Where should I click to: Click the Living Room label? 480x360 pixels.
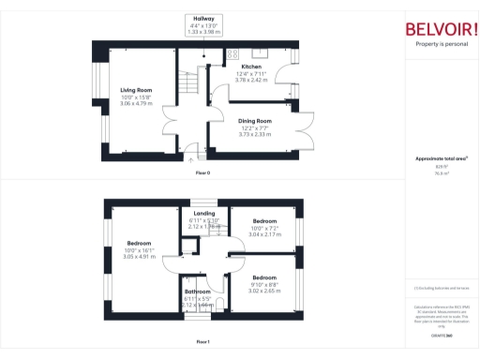pyautogui.click(x=136, y=91)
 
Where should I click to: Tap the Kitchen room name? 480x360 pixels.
pyautogui.click(x=251, y=67)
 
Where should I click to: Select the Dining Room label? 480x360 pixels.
pyautogui.click(x=254, y=121)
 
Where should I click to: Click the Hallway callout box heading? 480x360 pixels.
pyautogui.click(x=203, y=19)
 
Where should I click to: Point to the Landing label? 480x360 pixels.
pyautogui.click(x=203, y=214)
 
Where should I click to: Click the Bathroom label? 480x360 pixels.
pyautogui.click(x=197, y=292)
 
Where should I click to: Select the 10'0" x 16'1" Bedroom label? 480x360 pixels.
pyautogui.click(x=140, y=243)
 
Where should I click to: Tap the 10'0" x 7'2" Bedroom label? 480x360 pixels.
pyautogui.click(x=264, y=221)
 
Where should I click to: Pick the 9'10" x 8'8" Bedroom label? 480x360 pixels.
pyautogui.click(x=263, y=277)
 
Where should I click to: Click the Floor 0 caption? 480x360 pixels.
pyautogui.click(x=202, y=174)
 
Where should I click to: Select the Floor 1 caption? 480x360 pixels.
pyautogui.click(x=202, y=342)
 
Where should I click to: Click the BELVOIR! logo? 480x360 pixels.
pyautogui.click(x=441, y=28)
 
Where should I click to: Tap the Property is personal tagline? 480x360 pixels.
pyautogui.click(x=441, y=44)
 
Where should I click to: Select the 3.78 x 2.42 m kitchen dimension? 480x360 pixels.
pyautogui.click(x=253, y=81)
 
